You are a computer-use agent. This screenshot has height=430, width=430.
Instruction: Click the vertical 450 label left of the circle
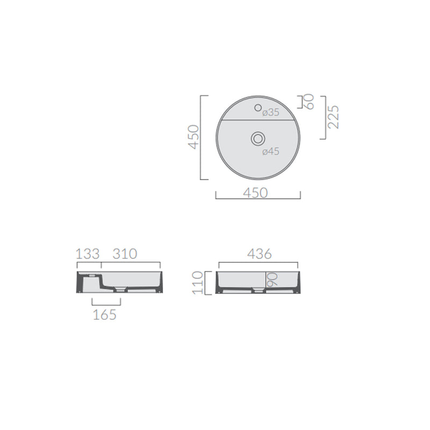pos(193,137)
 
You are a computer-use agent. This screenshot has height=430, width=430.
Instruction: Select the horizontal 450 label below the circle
pos(256,192)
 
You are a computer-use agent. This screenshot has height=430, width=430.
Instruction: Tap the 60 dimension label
pos(309,101)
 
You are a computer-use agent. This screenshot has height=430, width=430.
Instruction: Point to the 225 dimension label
pos(333,117)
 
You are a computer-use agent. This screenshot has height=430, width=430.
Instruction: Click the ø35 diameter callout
pos(270,112)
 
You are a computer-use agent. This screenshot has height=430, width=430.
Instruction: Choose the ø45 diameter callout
pos(270,152)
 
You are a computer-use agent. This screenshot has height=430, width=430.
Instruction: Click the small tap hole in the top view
pos(258,107)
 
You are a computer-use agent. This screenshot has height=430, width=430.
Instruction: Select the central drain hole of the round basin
pos(258,139)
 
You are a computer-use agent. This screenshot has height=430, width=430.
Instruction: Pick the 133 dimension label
pos(88,254)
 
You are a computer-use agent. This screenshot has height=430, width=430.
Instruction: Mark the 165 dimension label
pos(105,314)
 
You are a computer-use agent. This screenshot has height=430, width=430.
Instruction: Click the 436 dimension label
pos(259,254)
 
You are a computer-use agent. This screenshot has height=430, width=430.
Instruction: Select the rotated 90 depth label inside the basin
pos(272,278)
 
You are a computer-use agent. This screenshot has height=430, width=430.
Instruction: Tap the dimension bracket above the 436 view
pos(259,263)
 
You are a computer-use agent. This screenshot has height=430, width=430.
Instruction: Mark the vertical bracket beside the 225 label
pos(325,117)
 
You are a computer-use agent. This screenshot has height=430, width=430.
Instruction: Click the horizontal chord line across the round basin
pos(258,120)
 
